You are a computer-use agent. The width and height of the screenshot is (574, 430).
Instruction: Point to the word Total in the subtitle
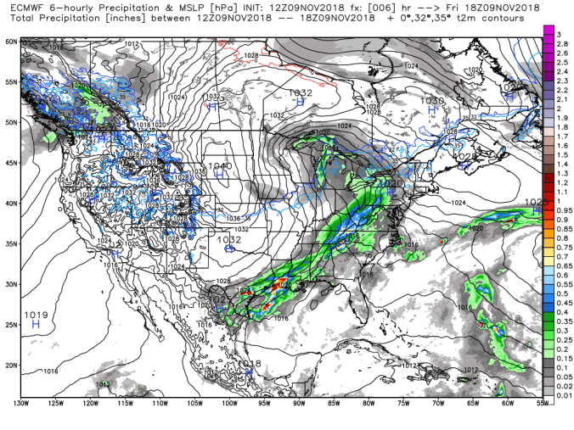tap(18, 17)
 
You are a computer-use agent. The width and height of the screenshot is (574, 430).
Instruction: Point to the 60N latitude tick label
tap(10, 41)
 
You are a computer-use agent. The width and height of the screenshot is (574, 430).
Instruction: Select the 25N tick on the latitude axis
tap(10, 324)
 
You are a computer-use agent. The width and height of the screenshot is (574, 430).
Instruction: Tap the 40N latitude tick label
tap(10, 203)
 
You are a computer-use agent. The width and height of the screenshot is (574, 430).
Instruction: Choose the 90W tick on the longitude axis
tap(298, 402)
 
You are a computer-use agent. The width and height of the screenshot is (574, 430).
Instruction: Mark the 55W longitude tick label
tap(541, 402)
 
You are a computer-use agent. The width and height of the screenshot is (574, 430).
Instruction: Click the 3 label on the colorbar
tap(559, 32)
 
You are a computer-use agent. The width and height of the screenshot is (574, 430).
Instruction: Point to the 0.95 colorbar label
tap(562, 209)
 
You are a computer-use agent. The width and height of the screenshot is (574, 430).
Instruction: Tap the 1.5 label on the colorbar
tap(560, 154)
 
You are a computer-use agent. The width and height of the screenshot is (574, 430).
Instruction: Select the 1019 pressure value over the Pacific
tap(36, 315)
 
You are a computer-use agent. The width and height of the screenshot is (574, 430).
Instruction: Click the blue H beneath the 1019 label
tap(36, 324)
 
